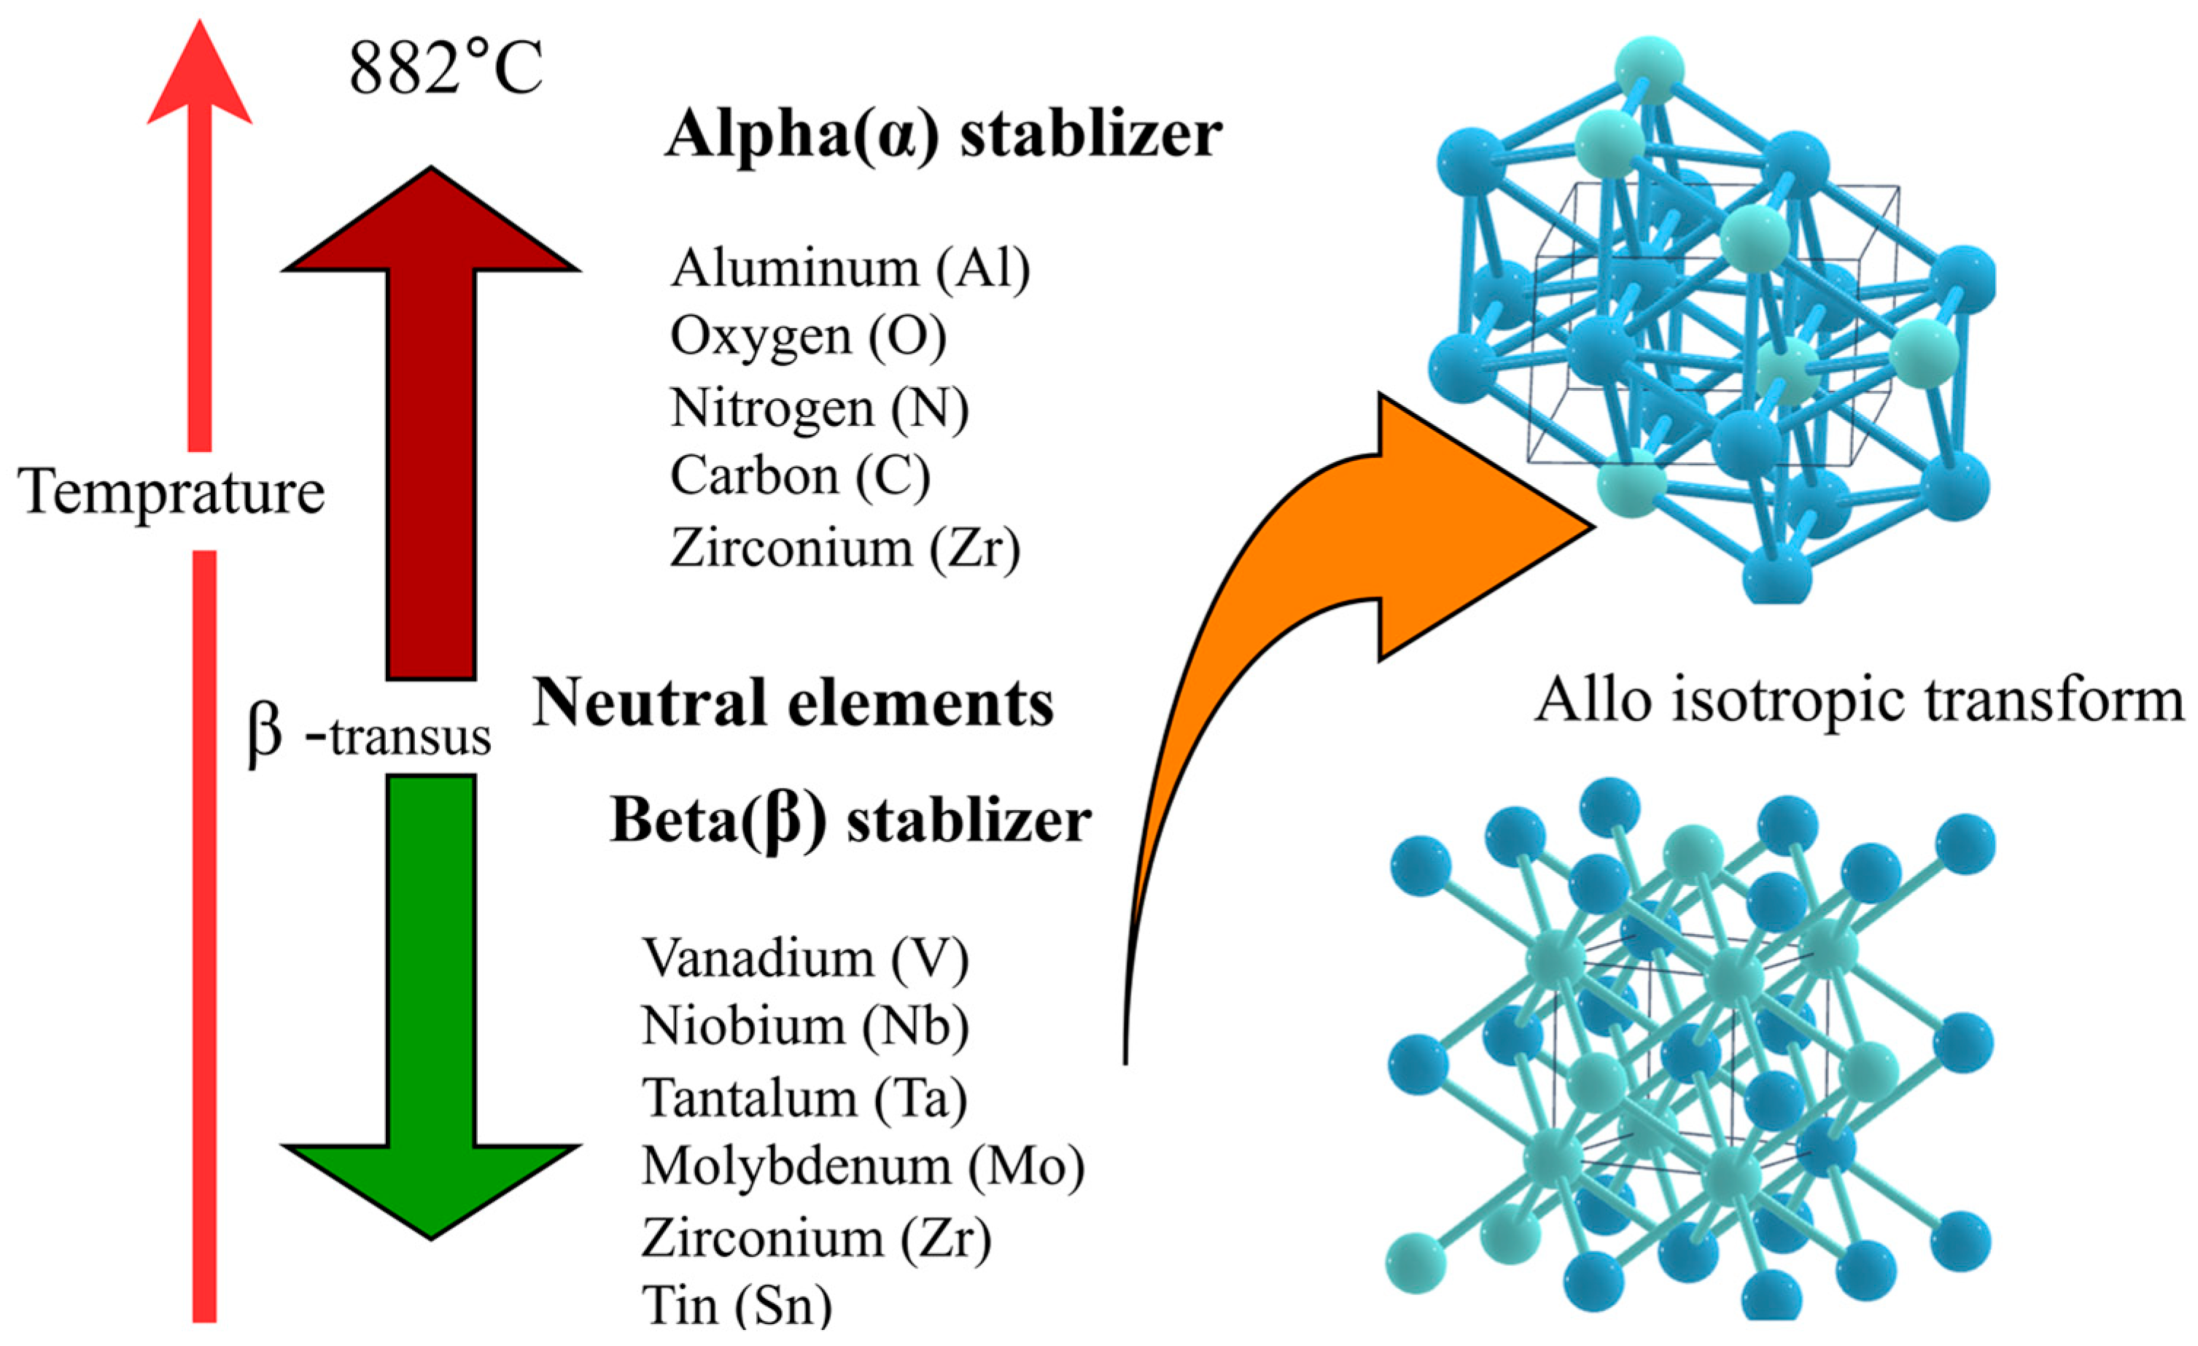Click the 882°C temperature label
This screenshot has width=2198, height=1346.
(x=446, y=69)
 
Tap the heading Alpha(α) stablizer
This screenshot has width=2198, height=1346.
(x=943, y=135)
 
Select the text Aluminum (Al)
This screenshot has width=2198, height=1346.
(x=850, y=268)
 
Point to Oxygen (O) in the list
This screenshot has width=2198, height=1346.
(x=808, y=337)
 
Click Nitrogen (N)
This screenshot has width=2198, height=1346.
(x=819, y=408)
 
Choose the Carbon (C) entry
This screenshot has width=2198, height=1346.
(x=800, y=475)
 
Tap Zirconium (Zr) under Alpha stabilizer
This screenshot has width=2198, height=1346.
(x=844, y=547)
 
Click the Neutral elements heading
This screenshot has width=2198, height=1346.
(x=793, y=703)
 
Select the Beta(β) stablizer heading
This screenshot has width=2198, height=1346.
(x=850, y=820)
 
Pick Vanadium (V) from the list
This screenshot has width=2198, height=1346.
(x=804, y=958)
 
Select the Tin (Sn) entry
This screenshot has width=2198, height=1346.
(x=736, y=1306)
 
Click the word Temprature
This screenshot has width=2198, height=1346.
(x=171, y=492)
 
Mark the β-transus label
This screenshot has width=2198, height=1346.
(x=368, y=736)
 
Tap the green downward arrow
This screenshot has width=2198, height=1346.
(x=431, y=1026)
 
